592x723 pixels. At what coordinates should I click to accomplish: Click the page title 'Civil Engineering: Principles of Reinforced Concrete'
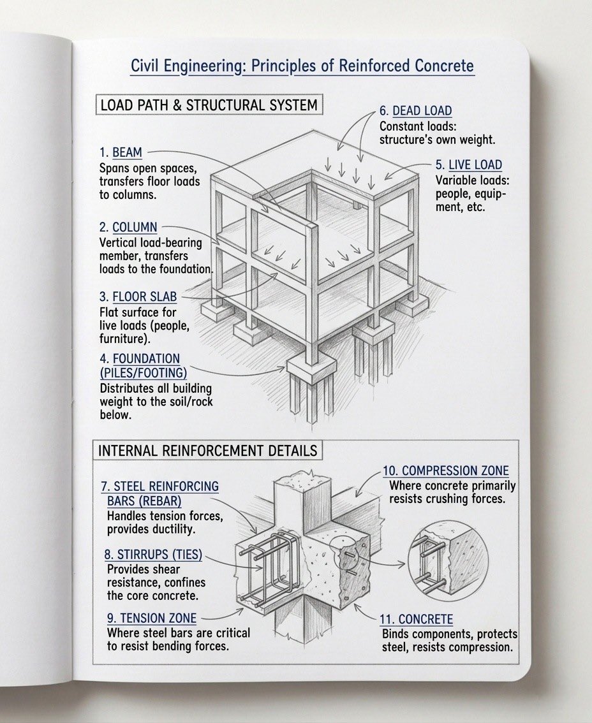[302, 66]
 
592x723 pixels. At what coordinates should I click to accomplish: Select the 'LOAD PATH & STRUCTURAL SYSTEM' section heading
[209, 105]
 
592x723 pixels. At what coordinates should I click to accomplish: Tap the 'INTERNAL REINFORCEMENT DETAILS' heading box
[208, 451]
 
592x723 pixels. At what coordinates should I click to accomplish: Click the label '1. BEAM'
[121, 153]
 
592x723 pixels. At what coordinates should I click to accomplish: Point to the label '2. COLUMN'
[128, 228]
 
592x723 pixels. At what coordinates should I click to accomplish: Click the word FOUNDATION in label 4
[147, 359]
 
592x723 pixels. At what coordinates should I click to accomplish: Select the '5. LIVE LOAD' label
[468, 165]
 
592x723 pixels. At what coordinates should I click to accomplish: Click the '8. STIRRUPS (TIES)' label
[153, 555]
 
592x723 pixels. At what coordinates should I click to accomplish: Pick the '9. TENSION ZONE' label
[152, 618]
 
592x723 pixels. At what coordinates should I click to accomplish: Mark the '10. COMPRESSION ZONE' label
[445, 471]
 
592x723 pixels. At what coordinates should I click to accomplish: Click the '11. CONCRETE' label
[417, 619]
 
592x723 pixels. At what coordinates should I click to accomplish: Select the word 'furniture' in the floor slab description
[124, 339]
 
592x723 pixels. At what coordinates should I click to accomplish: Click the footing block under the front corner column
[311, 368]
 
